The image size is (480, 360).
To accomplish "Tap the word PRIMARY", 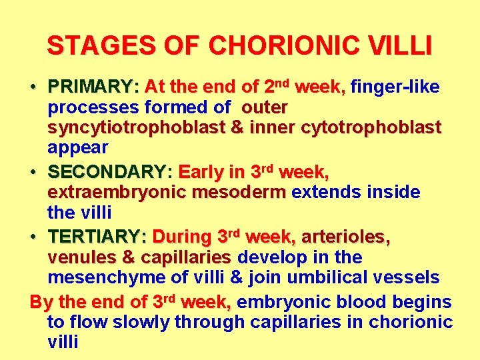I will [89, 87].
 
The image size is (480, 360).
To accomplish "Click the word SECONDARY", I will [105, 173].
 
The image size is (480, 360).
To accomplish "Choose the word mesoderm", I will [239, 193].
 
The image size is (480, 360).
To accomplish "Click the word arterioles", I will [345, 237].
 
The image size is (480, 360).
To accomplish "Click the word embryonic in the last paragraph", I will [277, 302].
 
